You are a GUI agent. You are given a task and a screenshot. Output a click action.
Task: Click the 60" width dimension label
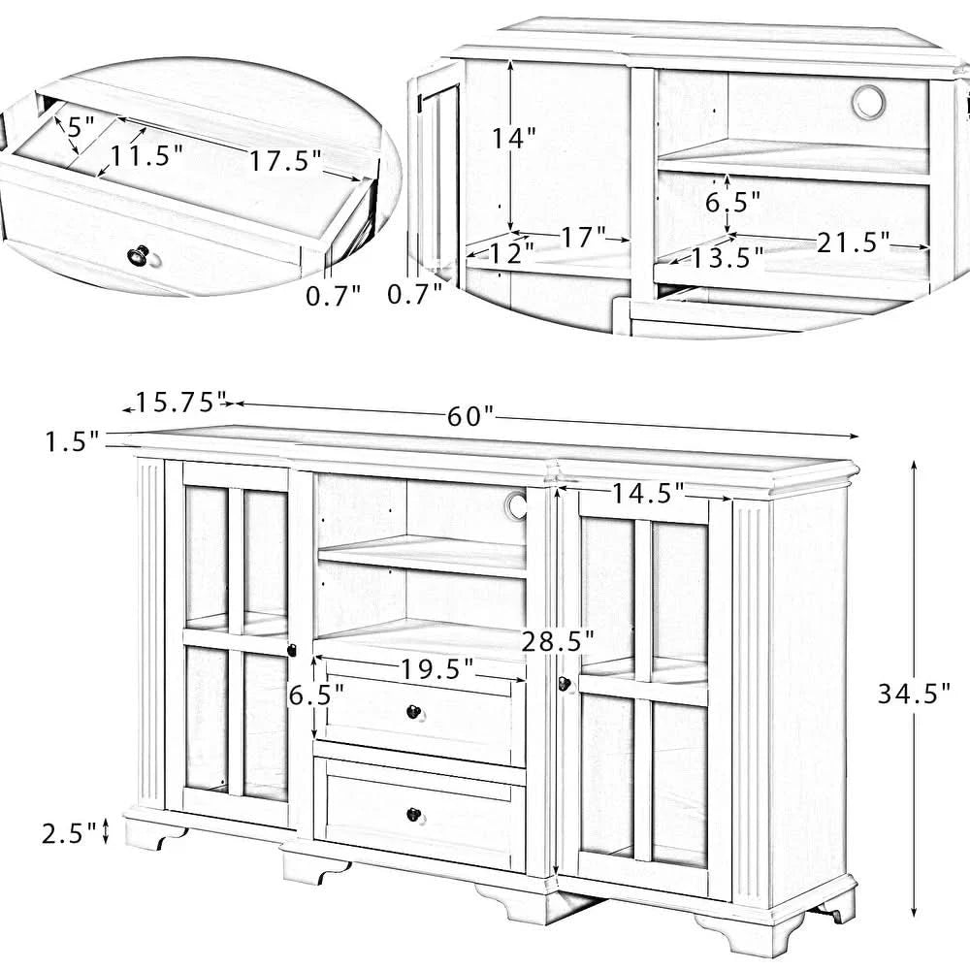click(471, 416)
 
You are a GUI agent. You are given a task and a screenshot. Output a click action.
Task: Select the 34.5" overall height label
click(913, 693)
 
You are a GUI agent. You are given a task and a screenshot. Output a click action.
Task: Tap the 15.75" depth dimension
click(180, 401)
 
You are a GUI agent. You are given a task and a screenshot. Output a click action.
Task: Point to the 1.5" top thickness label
click(72, 442)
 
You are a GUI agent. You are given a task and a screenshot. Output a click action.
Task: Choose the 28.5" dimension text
click(557, 640)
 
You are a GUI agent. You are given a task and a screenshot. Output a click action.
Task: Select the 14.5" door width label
click(647, 493)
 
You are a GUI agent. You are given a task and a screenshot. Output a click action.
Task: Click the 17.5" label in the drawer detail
click(285, 161)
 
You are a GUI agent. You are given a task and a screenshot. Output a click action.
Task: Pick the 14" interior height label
click(513, 138)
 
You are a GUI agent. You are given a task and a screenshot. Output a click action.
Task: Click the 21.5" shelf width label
click(853, 243)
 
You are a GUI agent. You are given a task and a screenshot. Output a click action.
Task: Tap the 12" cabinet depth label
click(510, 253)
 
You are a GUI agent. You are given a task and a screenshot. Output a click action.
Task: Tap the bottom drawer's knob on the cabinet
click(414, 814)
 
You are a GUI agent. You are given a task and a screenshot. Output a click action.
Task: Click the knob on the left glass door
click(290, 651)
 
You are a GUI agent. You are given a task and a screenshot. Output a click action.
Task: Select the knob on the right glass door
click(563, 685)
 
